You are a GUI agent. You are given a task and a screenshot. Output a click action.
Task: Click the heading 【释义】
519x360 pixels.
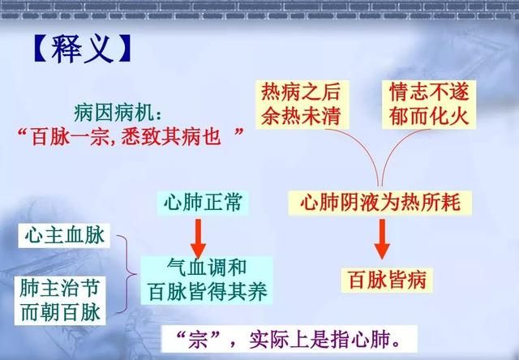tap(83, 49)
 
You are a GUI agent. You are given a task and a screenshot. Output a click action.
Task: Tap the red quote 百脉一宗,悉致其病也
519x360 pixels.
tap(127, 136)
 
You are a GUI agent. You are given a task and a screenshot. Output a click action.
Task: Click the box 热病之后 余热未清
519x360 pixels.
tap(302, 105)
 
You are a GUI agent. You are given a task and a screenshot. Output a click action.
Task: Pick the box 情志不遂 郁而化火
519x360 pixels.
tap(429, 105)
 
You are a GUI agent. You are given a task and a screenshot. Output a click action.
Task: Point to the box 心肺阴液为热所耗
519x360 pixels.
tap(380, 203)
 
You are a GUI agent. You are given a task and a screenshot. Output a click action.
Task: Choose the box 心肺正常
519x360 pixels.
tap(203, 203)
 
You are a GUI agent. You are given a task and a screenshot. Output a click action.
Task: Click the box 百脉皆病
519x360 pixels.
tap(387, 280)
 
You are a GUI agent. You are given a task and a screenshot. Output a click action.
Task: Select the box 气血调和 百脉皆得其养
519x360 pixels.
tap(207, 281)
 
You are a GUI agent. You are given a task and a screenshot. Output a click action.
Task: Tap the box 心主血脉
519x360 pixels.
tap(64, 236)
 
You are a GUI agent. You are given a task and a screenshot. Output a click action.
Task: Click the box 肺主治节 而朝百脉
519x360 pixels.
tap(60, 301)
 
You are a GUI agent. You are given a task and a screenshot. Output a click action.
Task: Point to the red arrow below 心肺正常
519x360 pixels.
tap(198, 238)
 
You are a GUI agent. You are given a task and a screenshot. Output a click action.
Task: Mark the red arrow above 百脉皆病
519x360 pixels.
tap(382, 239)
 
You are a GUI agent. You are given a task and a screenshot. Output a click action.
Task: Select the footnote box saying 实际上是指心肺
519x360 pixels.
tap(289, 339)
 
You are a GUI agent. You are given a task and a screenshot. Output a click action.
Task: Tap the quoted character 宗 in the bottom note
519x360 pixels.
tap(198, 340)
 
